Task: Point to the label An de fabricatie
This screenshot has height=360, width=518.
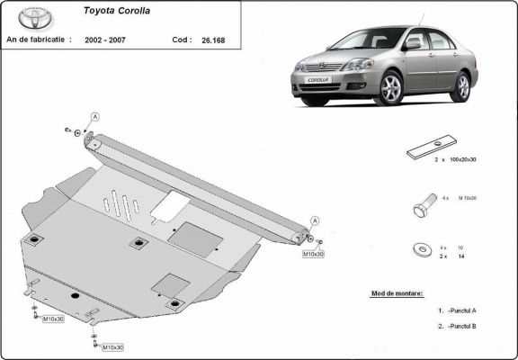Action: pos(40,40)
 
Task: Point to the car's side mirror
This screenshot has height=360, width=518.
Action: pos(413,43)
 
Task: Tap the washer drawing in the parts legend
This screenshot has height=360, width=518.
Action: pos(421,248)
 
